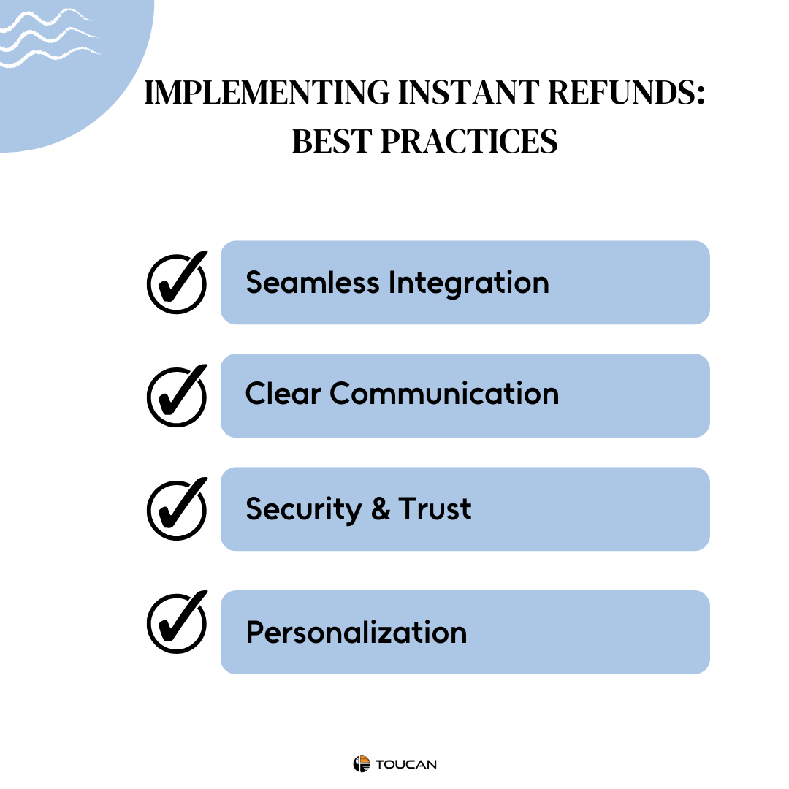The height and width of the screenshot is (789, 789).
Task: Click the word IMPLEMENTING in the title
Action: (267, 93)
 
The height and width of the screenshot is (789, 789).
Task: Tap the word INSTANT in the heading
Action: (469, 93)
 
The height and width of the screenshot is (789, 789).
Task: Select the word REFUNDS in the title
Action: (627, 93)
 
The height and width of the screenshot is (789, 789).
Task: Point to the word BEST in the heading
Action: (332, 141)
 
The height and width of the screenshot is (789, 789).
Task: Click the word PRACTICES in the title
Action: (469, 141)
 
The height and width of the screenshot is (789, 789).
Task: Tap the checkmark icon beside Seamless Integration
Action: (177, 283)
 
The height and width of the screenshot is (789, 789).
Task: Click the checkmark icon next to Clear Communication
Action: (177, 396)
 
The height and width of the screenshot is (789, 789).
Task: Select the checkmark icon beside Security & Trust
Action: (177, 509)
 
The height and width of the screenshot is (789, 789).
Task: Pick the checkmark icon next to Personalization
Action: (177, 622)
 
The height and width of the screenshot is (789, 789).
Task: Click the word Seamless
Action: (313, 282)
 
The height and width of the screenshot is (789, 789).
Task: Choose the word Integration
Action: (468, 283)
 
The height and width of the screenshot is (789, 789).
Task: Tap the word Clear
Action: (283, 393)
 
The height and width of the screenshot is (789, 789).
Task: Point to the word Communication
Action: (444, 393)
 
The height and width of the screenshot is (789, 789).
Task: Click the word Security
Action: (304, 509)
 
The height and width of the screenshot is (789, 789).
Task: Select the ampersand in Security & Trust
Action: (381, 508)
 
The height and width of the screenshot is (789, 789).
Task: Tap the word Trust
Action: (435, 508)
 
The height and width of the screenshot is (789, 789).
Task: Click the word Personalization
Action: (357, 632)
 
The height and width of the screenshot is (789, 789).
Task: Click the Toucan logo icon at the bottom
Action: (362, 764)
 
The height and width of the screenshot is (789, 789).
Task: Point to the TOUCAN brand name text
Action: (406, 764)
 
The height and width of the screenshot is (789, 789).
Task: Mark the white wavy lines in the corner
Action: (50, 38)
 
